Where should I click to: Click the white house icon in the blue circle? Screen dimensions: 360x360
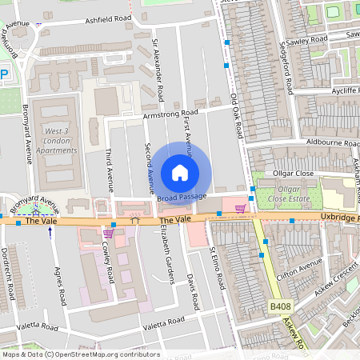(180, 173)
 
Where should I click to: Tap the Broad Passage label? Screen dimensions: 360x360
(182, 197)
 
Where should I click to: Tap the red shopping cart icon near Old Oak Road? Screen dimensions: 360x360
(240, 209)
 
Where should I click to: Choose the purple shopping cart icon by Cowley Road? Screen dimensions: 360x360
(108, 233)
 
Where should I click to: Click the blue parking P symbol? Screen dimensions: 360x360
(3, 74)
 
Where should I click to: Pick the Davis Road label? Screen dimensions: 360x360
(192, 293)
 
